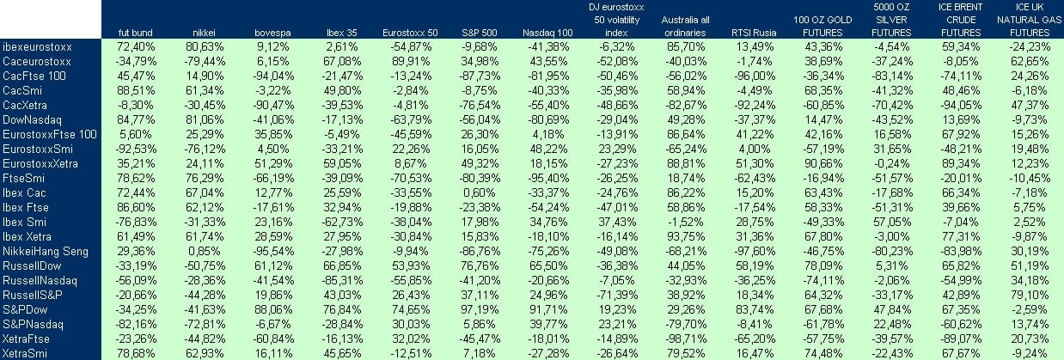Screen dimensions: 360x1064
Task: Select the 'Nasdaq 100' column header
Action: click(x=547, y=33)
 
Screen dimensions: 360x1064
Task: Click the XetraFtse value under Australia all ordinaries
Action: click(x=680, y=339)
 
